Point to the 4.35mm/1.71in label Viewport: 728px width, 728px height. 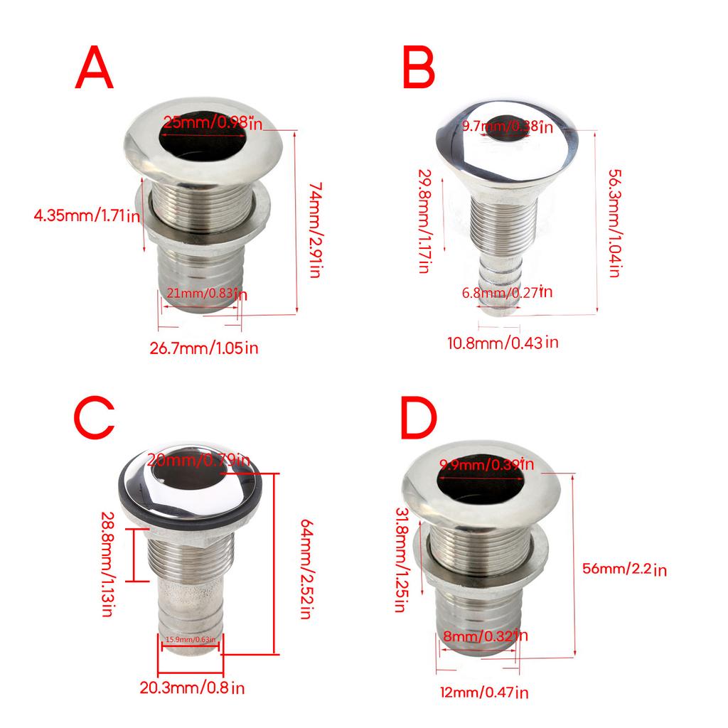tap(87, 215)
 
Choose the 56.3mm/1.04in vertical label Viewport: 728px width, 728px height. tap(615, 223)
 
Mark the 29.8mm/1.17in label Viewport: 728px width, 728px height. tap(424, 221)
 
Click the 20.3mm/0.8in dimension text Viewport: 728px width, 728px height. tap(193, 687)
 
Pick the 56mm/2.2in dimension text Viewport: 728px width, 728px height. tap(623, 569)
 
